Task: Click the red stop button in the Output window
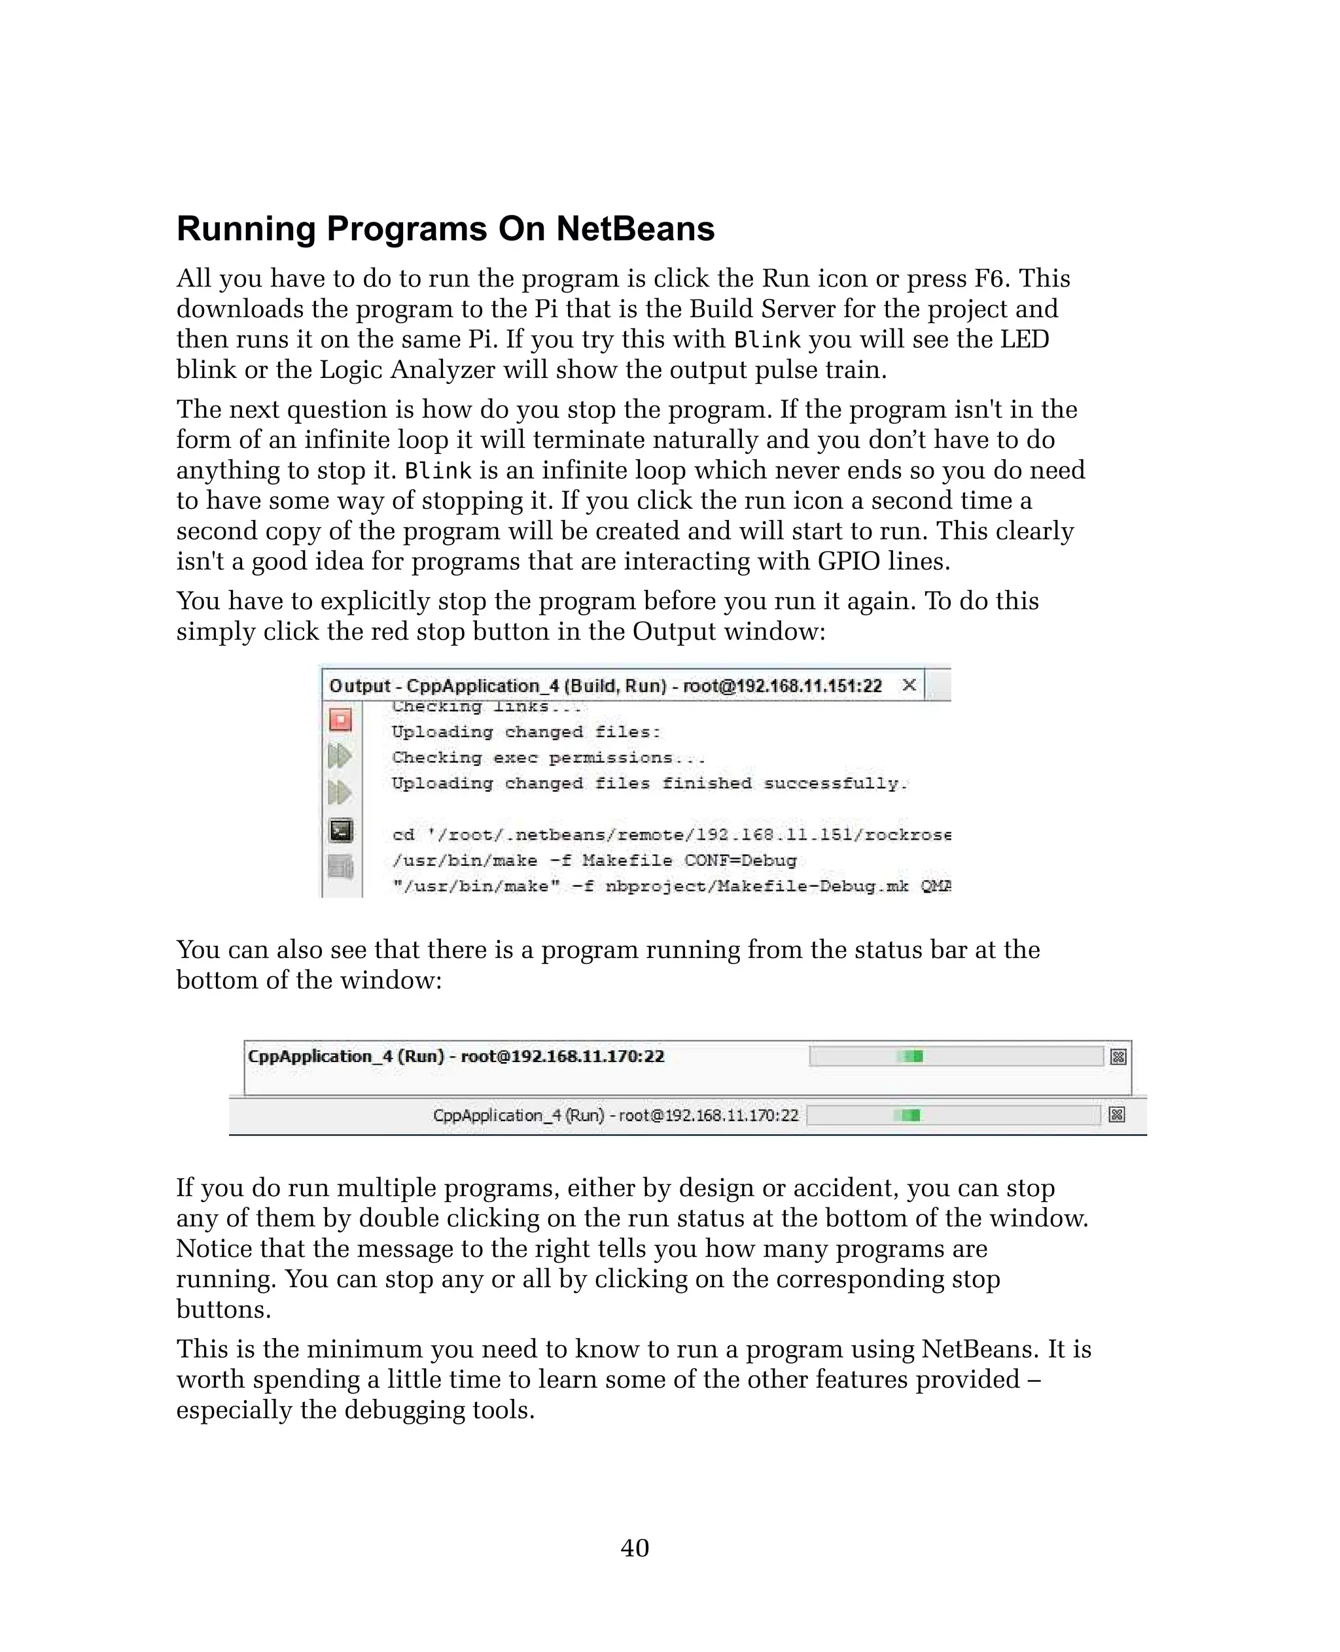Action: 340,720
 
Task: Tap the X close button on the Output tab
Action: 909,685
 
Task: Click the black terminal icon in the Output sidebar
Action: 340,830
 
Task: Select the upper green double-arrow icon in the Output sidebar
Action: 340,755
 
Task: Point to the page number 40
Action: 635,1548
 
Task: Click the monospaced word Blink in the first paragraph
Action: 766,340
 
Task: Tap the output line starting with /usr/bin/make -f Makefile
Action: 593,861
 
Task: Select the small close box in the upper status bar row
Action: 1118,1057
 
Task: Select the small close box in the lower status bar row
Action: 1116,1115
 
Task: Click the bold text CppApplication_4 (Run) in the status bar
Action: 346,1056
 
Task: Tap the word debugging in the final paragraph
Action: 404,1411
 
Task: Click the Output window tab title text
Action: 605,686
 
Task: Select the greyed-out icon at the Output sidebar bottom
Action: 340,867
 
